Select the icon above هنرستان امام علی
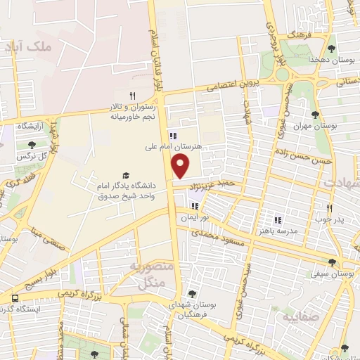[x=173, y=136]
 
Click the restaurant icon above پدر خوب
[x=328, y=208]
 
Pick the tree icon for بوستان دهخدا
[x=331, y=49]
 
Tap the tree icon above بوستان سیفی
[x=332, y=262]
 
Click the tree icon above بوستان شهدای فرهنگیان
[x=192, y=295]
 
